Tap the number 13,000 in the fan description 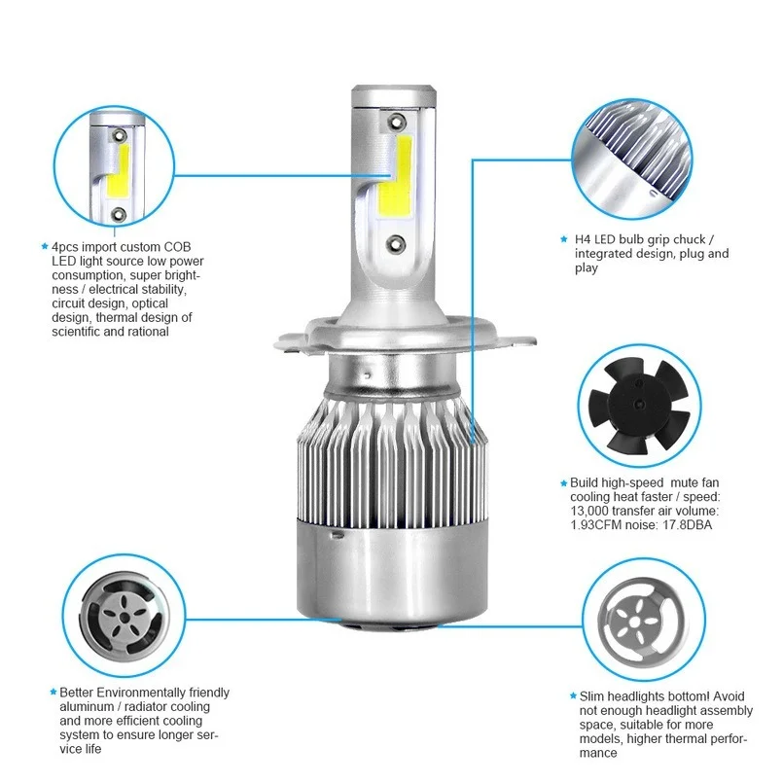pos(592,511)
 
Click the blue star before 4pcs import pos(44,247)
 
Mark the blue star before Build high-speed pos(562,482)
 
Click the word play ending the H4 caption pos(587,267)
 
